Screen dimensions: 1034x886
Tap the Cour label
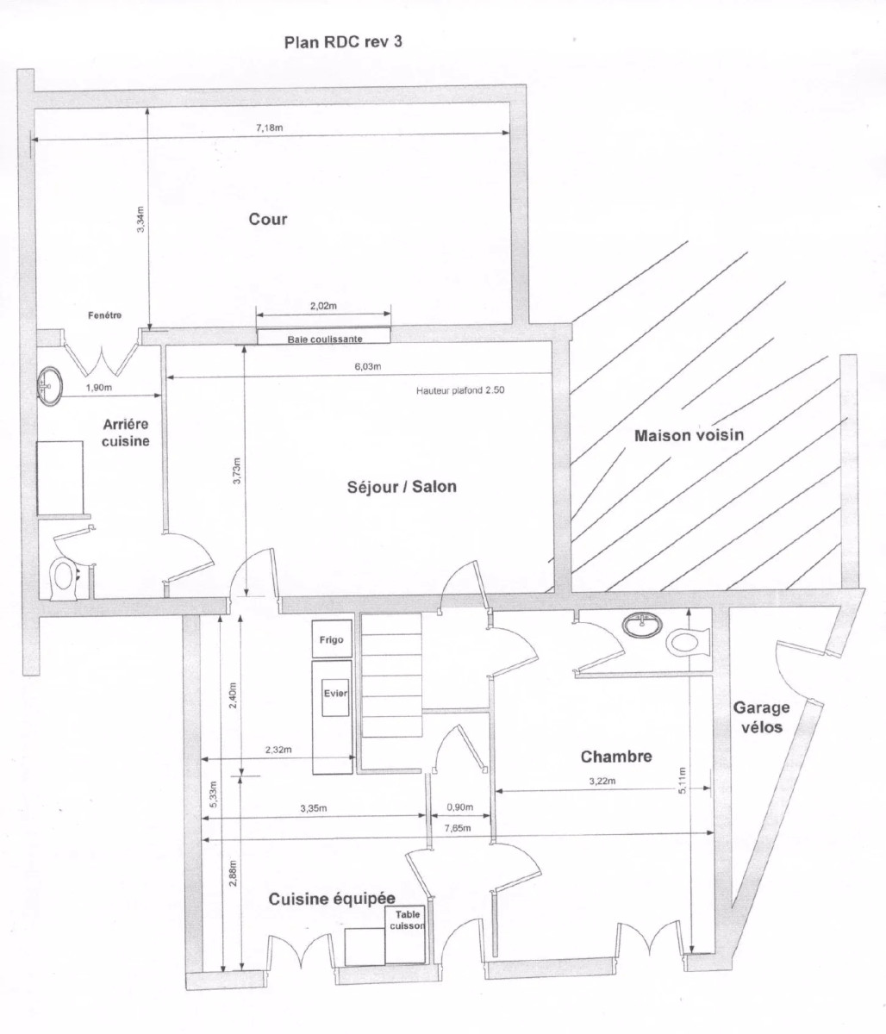(x=268, y=219)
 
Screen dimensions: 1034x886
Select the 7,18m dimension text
(x=270, y=128)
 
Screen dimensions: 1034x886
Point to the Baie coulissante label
(x=325, y=339)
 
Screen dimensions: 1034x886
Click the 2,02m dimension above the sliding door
(x=323, y=307)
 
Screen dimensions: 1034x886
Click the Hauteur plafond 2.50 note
(x=459, y=390)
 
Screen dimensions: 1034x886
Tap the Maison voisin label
(x=689, y=435)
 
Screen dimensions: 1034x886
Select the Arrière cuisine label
(x=127, y=433)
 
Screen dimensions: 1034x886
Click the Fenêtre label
(x=105, y=315)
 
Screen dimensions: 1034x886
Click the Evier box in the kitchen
(x=334, y=694)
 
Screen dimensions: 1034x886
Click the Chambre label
(x=615, y=757)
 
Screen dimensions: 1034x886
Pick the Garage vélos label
(x=761, y=717)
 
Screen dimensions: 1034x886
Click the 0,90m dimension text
(x=459, y=807)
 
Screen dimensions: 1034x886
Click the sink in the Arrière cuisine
(x=47, y=385)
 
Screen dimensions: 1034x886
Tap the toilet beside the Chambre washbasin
(x=688, y=640)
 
